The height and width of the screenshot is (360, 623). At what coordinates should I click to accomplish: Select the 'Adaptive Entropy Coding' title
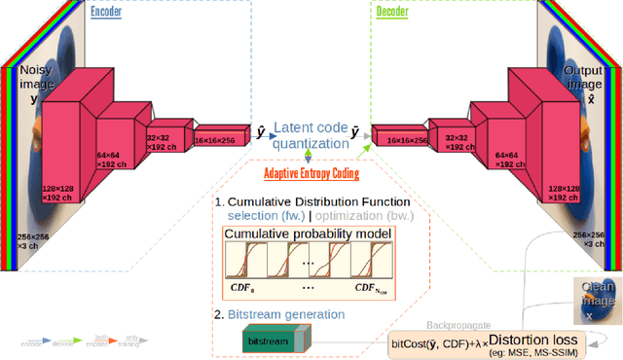(311, 174)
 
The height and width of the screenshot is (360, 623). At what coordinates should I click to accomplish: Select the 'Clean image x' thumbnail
(596, 298)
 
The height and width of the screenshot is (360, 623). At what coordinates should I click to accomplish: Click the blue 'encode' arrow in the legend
(38, 342)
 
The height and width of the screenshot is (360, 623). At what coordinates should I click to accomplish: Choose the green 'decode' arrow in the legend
(64, 342)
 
